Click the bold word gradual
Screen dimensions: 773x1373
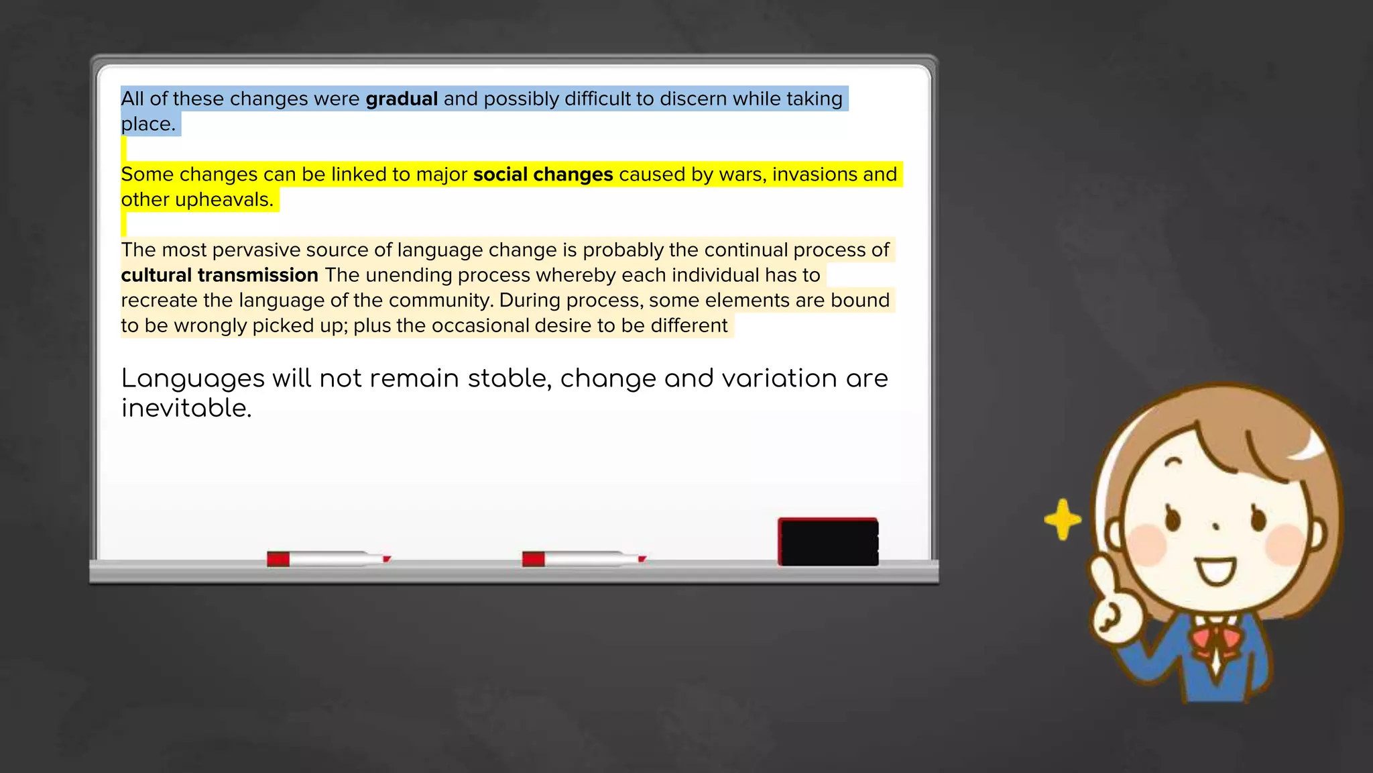pyautogui.click(x=402, y=99)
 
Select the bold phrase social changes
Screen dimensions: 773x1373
pyautogui.click(x=543, y=174)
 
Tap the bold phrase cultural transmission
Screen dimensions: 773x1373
pyautogui.click(x=219, y=275)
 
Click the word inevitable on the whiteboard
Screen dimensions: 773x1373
pyautogui.click(x=186, y=408)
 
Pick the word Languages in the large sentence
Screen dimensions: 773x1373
pyautogui.click(x=193, y=379)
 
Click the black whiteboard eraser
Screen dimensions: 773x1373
pyautogui.click(x=828, y=542)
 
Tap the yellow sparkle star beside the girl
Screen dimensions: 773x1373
pyautogui.click(x=1063, y=519)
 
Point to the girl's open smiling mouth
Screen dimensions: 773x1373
pyautogui.click(x=1217, y=572)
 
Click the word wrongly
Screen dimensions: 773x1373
pyautogui.click(x=211, y=326)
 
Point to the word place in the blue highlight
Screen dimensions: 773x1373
pyautogui.click(x=147, y=125)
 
